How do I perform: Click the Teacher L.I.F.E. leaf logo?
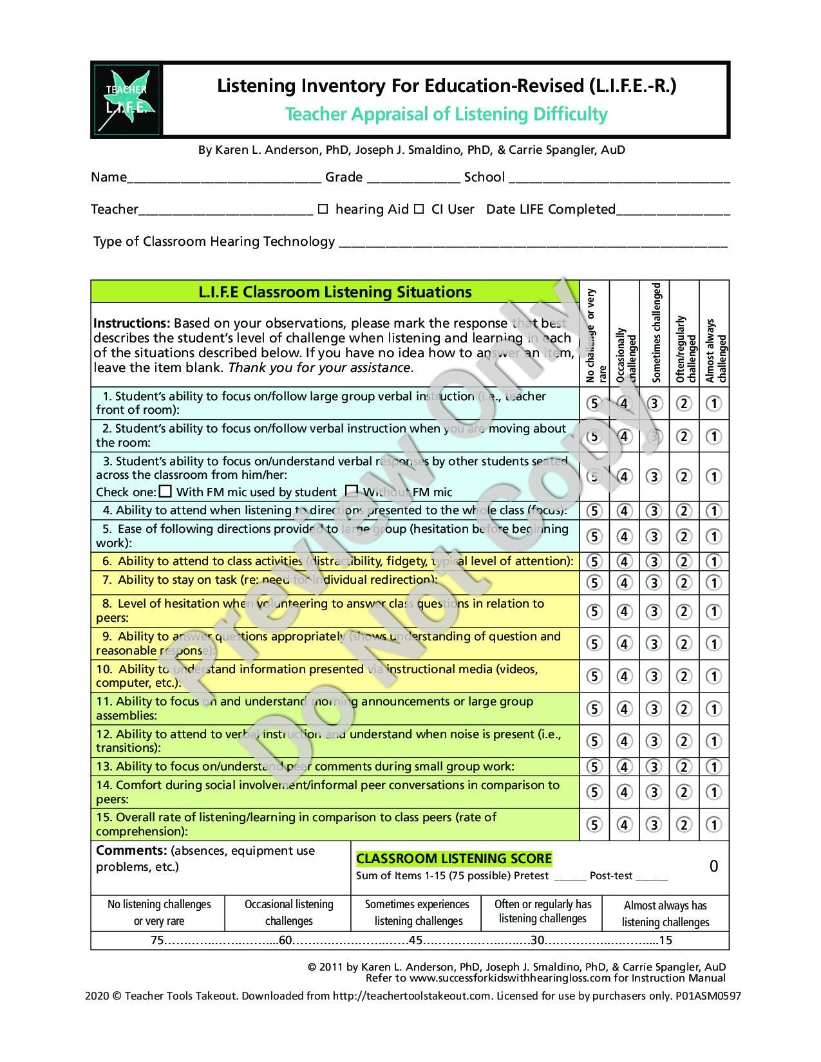coord(126,100)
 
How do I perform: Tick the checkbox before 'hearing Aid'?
coord(323,209)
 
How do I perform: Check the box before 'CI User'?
coord(419,209)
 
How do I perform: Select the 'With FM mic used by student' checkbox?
coord(165,492)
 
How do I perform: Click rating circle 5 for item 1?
coord(594,404)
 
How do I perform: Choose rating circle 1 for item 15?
coord(713,824)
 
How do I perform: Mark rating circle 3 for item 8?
coord(654,611)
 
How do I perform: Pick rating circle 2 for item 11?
coord(684,709)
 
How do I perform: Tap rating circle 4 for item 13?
coord(624,767)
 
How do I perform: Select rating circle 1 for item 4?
coord(713,511)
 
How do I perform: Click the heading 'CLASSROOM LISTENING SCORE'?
coord(454,859)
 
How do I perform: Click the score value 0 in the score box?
coord(713,866)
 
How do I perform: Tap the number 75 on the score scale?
coord(158,940)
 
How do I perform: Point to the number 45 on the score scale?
coord(415,940)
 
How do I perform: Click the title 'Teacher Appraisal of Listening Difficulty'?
coord(446,115)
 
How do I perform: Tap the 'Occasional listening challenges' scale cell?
coord(288,913)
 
